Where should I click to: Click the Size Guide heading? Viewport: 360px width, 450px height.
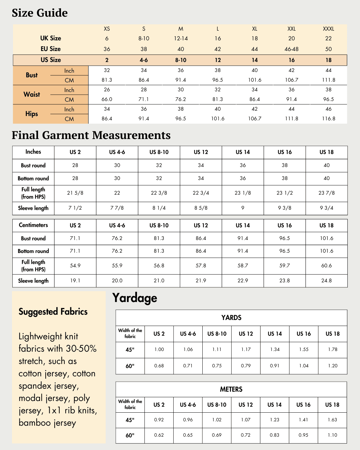pos(40,13)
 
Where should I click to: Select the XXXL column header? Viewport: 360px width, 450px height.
pos(328,29)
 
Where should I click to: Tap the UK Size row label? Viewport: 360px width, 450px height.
pos(51,38)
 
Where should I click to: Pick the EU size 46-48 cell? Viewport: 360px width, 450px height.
pos(291,49)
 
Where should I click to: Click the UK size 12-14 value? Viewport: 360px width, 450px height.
pos(181,39)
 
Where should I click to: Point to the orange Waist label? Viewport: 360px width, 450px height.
pos(32,95)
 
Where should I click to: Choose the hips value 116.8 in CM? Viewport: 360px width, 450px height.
pos(328,119)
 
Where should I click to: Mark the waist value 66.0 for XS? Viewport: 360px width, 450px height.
pos(107,99)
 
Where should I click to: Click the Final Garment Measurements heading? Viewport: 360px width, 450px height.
pos(91,135)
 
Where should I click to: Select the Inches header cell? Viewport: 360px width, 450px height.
pos(33,152)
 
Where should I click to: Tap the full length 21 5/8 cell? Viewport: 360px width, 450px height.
pos(75,193)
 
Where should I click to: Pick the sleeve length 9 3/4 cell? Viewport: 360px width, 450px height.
pos(326,208)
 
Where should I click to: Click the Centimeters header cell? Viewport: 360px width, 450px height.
pos(33,225)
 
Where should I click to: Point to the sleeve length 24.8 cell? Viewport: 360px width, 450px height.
pos(326,281)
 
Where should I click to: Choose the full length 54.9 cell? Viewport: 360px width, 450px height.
pos(75,266)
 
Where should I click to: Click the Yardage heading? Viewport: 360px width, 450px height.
pos(135,298)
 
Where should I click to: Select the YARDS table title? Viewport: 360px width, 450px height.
pos(231,318)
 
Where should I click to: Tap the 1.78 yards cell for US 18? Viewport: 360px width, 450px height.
pos(332,350)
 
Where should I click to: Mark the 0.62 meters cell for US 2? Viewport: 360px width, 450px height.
pos(159,435)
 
